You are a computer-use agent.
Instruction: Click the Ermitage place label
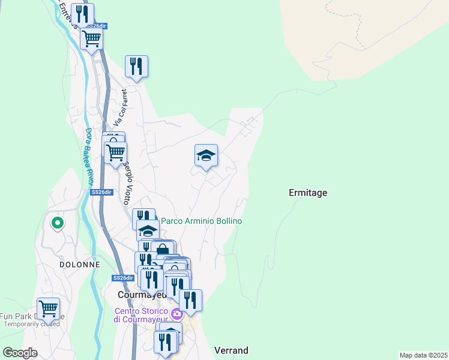pyautogui.click(x=308, y=193)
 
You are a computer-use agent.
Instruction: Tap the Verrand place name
pyautogui.click(x=231, y=350)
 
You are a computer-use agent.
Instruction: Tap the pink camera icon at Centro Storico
pyautogui.click(x=177, y=314)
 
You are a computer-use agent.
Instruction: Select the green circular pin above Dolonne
pyautogui.click(x=58, y=223)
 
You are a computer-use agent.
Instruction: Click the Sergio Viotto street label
pyautogui.click(x=127, y=182)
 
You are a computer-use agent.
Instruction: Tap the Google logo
pyautogui.click(x=20, y=353)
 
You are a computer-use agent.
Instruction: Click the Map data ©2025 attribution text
pyautogui.click(x=423, y=355)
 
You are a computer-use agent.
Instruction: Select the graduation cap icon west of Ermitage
pyautogui.click(x=206, y=156)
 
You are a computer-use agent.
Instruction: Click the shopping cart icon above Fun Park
pyautogui.click(x=48, y=308)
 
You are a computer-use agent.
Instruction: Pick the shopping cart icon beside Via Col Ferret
pyautogui.click(x=115, y=151)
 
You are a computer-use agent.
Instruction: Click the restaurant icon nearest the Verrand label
pyautogui.click(x=165, y=341)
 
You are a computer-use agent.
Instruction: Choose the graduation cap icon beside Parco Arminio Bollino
pyautogui.click(x=148, y=230)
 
